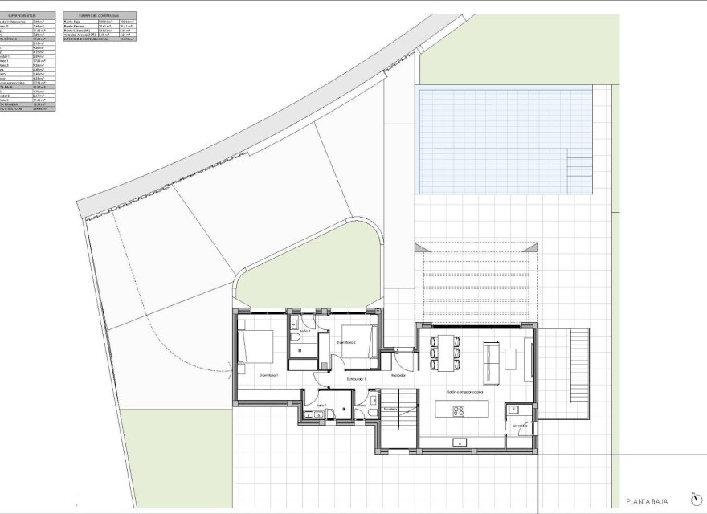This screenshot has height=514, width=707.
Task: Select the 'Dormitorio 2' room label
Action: pyautogui.click(x=347, y=343)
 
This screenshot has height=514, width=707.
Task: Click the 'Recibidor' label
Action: pyautogui.click(x=398, y=375)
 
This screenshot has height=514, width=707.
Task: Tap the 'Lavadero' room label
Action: pyautogui.click(x=510, y=436)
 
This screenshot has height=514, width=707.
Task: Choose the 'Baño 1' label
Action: pyautogui.click(x=321, y=406)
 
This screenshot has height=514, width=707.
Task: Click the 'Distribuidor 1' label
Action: pyautogui.click(x=357, y=378)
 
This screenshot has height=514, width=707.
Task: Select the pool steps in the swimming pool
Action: pyautogui.click(x=578, y=169)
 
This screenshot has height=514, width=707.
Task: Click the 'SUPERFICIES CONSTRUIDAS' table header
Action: pyautogui.click(x=107, y=15)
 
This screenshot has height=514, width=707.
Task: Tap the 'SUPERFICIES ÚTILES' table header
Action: pyautogui.click(x=27, y=15)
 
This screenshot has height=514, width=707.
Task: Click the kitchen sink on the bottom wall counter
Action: pyautogui.click(x=461, y=440)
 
